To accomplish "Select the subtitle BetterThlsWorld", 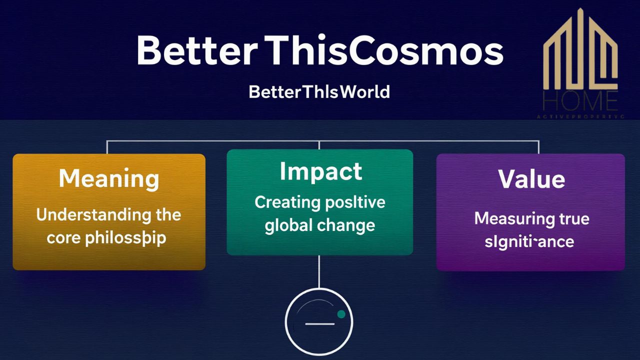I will click(319, 92).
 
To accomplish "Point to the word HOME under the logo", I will click(580, 101).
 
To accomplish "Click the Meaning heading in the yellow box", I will click(109, 179).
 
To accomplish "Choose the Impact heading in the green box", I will click(320, 171).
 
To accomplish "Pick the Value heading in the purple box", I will click(531, 179).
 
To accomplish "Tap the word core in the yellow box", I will click(64, 237).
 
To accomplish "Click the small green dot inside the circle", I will click(341, 314).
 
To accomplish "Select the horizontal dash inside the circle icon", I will click(319, 324).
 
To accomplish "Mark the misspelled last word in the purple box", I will click(529, 242).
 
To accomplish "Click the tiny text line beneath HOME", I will click(580, 116).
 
